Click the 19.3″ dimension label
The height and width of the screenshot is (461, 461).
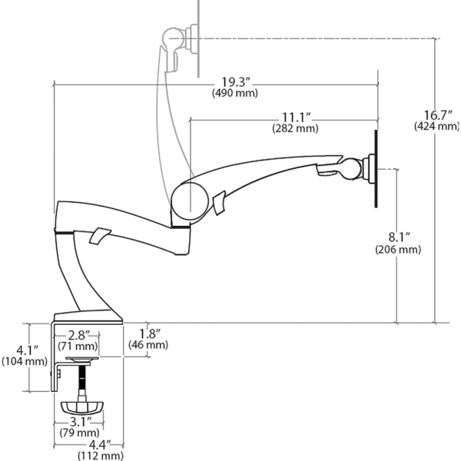click(236, 82)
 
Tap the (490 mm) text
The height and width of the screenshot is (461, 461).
click(235, 93)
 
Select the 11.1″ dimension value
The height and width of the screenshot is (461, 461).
click(297, 118)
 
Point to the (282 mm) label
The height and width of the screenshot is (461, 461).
click(296, 128)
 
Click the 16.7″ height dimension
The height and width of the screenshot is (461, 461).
click(438, 115)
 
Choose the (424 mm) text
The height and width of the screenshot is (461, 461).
click(437, 126)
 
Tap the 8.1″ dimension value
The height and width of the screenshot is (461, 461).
click(400, 237)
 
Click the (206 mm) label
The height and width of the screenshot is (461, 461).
click(398, 249)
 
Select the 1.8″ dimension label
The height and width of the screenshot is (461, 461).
click(150, 334)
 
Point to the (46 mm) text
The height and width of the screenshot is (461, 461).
click(148, 344)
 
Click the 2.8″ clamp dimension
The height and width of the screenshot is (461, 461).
click(79, 335)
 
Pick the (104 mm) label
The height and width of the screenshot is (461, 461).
click(25, 361)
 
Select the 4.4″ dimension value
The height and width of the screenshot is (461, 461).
click(100, 445)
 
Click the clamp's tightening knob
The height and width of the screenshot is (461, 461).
click(82, 408)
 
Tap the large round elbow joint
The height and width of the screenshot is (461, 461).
click(190, 201)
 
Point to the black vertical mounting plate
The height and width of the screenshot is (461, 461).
click(376, 169)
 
